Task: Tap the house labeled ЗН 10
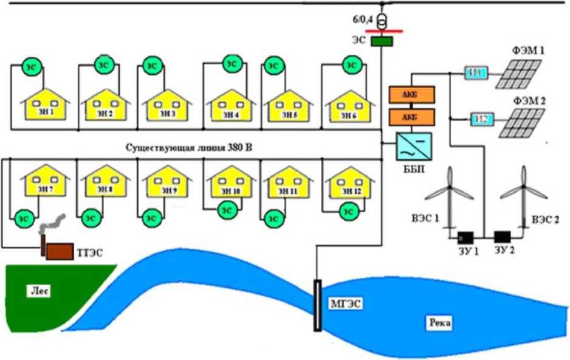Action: (227, 184)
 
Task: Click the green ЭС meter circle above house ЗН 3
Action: (151, 66)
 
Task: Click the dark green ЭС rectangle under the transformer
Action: (381, 42)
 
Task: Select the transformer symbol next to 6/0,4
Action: (381, 22)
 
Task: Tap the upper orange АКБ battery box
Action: (411, 95)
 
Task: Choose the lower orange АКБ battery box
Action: (411, 116)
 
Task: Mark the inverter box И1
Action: (475, 73)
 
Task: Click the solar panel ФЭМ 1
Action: (520, 74)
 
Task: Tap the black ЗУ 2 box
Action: (503, 237)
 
